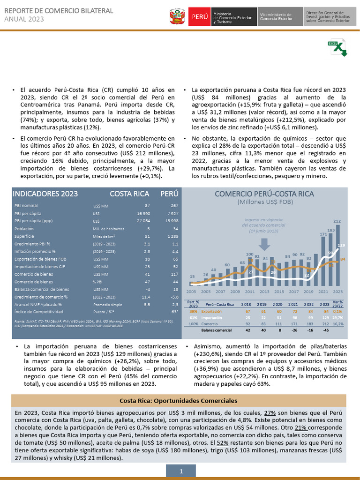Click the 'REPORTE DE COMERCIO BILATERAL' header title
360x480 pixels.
point(59,10)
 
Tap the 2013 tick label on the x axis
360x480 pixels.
point(265,291)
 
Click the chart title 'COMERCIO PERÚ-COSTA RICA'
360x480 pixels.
point(264,194)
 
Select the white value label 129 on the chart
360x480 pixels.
point(341,245)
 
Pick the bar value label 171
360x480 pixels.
point(323,234)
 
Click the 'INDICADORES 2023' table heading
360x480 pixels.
point(45,194)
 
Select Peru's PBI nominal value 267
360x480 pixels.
point(174,206)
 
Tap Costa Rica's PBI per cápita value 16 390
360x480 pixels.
point(142,213)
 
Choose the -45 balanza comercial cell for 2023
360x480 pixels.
point(325,330)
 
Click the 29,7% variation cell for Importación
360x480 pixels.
point(337,317)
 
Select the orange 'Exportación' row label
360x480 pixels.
point(211,311)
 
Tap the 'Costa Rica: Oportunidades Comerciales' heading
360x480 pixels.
point(179,401)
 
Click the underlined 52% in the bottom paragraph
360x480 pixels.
point(223,442)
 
